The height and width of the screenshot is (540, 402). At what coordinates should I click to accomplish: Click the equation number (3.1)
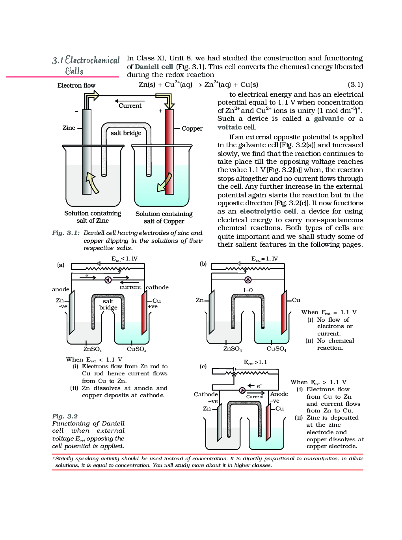click(x=355, y=84)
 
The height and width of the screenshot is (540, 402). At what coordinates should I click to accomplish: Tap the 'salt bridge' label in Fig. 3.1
click(x=126, y=133)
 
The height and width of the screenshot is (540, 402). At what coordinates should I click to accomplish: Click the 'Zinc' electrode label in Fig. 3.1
click(x=69, y=128)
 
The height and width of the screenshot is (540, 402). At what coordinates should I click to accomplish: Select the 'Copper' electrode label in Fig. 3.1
click(x=192, y=129)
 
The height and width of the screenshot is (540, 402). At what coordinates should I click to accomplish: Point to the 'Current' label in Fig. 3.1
click(x=130, y=106)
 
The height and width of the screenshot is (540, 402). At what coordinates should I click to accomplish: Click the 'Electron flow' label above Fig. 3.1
click(x=76, y=86)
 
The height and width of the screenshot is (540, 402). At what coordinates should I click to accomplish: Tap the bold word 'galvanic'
click(x=329, y=118)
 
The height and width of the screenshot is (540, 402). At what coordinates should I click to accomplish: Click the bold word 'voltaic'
click(x=229, y=127)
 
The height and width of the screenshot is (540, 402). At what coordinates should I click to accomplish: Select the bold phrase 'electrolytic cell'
click(x=268, y=211)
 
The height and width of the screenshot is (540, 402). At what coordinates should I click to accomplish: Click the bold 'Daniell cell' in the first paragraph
click(x=154, y=67)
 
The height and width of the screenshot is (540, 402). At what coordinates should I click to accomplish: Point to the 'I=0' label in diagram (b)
click(x=248, y=290)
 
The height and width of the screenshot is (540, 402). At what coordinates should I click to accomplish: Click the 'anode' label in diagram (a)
click(x=61, y=289)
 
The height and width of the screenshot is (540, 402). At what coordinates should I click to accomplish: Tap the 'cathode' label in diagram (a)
click(x=157, y=287)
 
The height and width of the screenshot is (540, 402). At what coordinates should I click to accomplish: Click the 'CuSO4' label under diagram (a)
click(x=136, y=349)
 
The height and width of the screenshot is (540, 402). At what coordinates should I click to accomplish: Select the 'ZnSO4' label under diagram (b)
click(x=233, y=349)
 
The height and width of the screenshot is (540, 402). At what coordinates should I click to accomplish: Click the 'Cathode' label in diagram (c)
click(x=206, y=394)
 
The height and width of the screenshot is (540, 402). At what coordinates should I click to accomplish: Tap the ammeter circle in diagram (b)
click(x=248, y=280)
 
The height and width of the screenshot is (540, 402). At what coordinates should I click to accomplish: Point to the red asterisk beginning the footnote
click(x=54, y=458)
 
